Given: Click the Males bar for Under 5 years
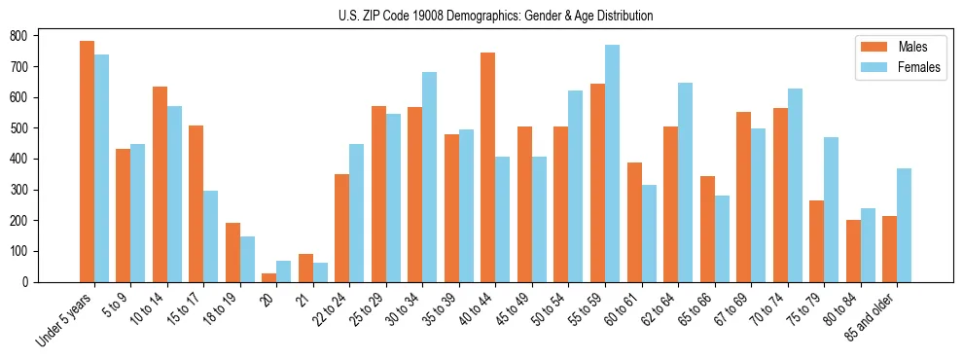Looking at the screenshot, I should pyautogui.click(x=87, y=162).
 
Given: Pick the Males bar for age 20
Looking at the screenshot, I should pyautogui.click(x=269, y=277).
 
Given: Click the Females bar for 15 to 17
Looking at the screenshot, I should pyautogui.click(x=211, y=236).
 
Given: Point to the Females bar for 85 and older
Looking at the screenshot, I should pyautogui.click(x=904, y=225).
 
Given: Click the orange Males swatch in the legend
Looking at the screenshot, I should pyautogui.click(x=870, y=47).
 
